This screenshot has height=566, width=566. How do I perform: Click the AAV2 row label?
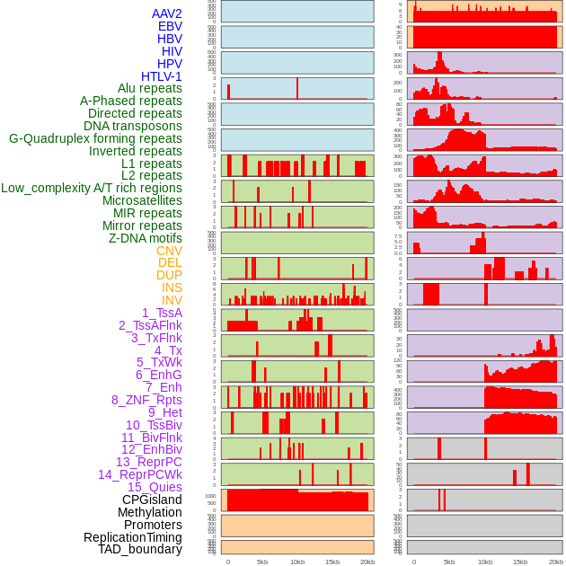point(167,13)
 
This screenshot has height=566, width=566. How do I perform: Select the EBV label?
point(170,26)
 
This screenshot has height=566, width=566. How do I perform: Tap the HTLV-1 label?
point(162,76)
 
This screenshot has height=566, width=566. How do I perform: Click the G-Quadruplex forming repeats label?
point(95,138)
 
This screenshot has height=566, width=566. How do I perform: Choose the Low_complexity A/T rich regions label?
point(92,188)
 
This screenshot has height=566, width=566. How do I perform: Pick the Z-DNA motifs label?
point(146,238)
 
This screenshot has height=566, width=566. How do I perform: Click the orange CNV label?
point(169,251)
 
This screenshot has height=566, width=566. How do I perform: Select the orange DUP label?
point(169,275)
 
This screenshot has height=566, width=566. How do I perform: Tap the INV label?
point(172,300)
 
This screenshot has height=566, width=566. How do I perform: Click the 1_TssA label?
point(162,313)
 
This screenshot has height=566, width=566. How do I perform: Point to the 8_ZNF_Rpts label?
point(146,400)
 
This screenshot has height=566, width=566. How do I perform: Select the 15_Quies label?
point(155,487)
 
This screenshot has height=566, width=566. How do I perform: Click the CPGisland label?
point(152,500)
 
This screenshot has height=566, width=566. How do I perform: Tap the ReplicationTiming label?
point(133,537)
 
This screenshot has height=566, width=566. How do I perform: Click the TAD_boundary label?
point(140,549)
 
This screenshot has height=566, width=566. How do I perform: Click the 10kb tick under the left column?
point(297,562)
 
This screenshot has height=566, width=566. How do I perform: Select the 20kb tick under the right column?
point(556,562)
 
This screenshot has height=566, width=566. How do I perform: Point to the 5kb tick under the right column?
point(448,562)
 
